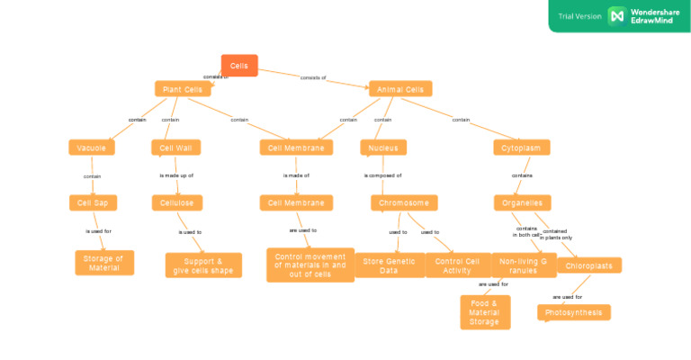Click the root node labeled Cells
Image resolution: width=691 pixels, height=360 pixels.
(x=239, y=66)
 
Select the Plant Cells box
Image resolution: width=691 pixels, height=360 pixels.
(x=183, y=89)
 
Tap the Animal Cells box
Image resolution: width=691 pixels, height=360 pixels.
(x=400, y=89)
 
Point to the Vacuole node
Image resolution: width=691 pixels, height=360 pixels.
(x=92, y=148)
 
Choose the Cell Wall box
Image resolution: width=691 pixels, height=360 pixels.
(x=175, y=148)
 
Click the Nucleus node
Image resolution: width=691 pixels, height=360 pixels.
(x=383, y=148)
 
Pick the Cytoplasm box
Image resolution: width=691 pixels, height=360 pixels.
(x=522, y=148)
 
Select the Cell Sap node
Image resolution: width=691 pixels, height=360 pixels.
(x=94, y=203)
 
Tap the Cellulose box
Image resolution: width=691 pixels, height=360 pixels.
(x=177, y=203)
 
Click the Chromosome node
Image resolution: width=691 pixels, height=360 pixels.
(x=404, y=203)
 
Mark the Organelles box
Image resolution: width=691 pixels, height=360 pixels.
(x=522, y=203)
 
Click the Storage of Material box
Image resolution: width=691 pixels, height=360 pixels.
(x=104, y=263)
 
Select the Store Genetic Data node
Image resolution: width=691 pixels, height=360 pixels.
(x=389, y=265)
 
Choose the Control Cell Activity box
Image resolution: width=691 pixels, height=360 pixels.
(x=458, y=265)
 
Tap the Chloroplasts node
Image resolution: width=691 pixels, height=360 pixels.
(x=588, y=265)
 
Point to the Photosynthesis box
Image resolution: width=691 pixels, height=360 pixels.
(x=575, y=312)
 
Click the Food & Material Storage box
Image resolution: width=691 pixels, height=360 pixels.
(x=485, y=312)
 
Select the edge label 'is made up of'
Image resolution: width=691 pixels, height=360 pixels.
(x=176, y=175)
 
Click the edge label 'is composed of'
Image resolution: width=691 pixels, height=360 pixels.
(x=382, y=175)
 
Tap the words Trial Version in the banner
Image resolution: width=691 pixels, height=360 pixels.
(x=579, y=16)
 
